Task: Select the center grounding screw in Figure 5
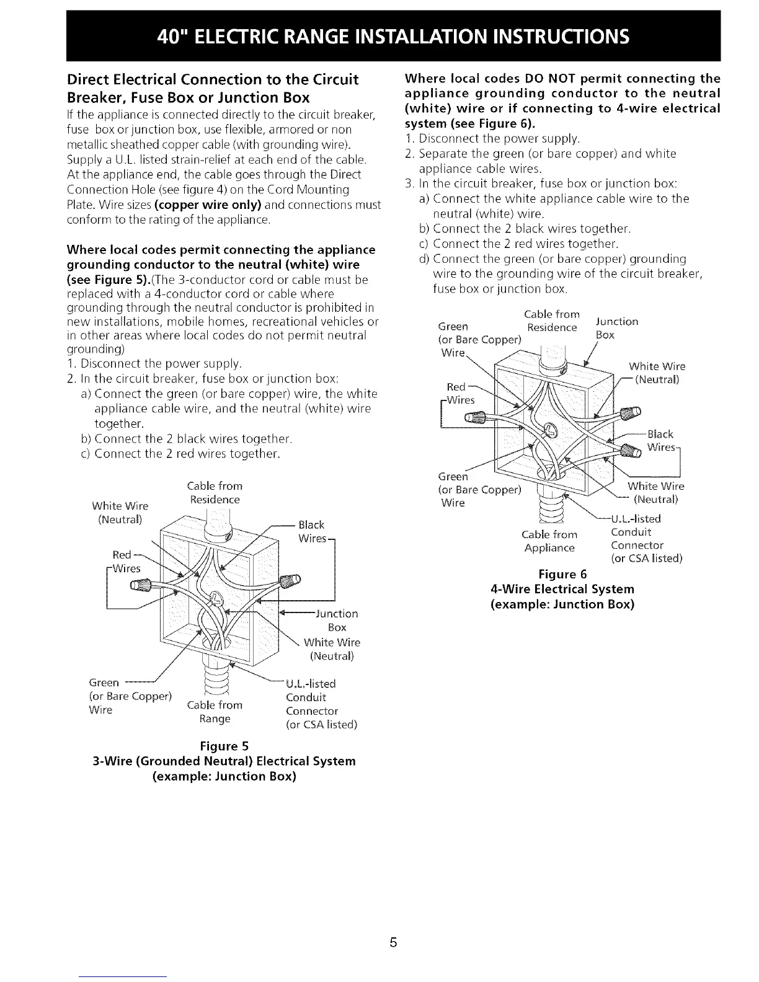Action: [x=216, y=599]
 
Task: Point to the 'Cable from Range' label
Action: [x=215, y=712]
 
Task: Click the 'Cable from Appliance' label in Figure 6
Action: [x=550, y=541]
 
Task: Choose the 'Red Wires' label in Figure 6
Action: [x=458, y=394]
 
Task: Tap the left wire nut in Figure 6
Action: [x=473, y=418]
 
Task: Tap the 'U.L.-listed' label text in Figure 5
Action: [x=310, y=684]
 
